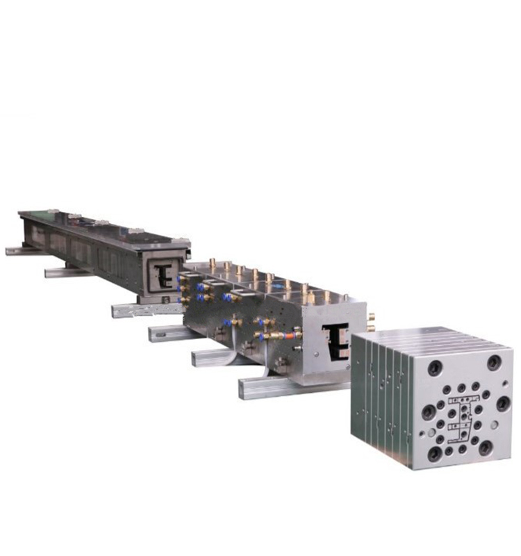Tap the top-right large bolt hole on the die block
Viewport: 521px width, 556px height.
[494, 362]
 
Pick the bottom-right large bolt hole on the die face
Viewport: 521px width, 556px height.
[486, 448]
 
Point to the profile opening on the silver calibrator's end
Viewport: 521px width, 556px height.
[336, 341]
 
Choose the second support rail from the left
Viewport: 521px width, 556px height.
[66, 272]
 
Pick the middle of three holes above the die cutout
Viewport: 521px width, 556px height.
[461, 389]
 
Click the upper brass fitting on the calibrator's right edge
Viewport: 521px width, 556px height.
[371, 317]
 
